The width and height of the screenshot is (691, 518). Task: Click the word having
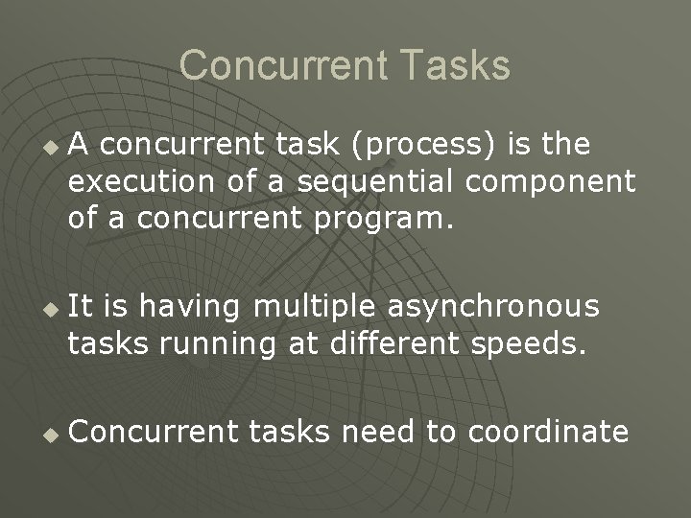click(x=191, y=307)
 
